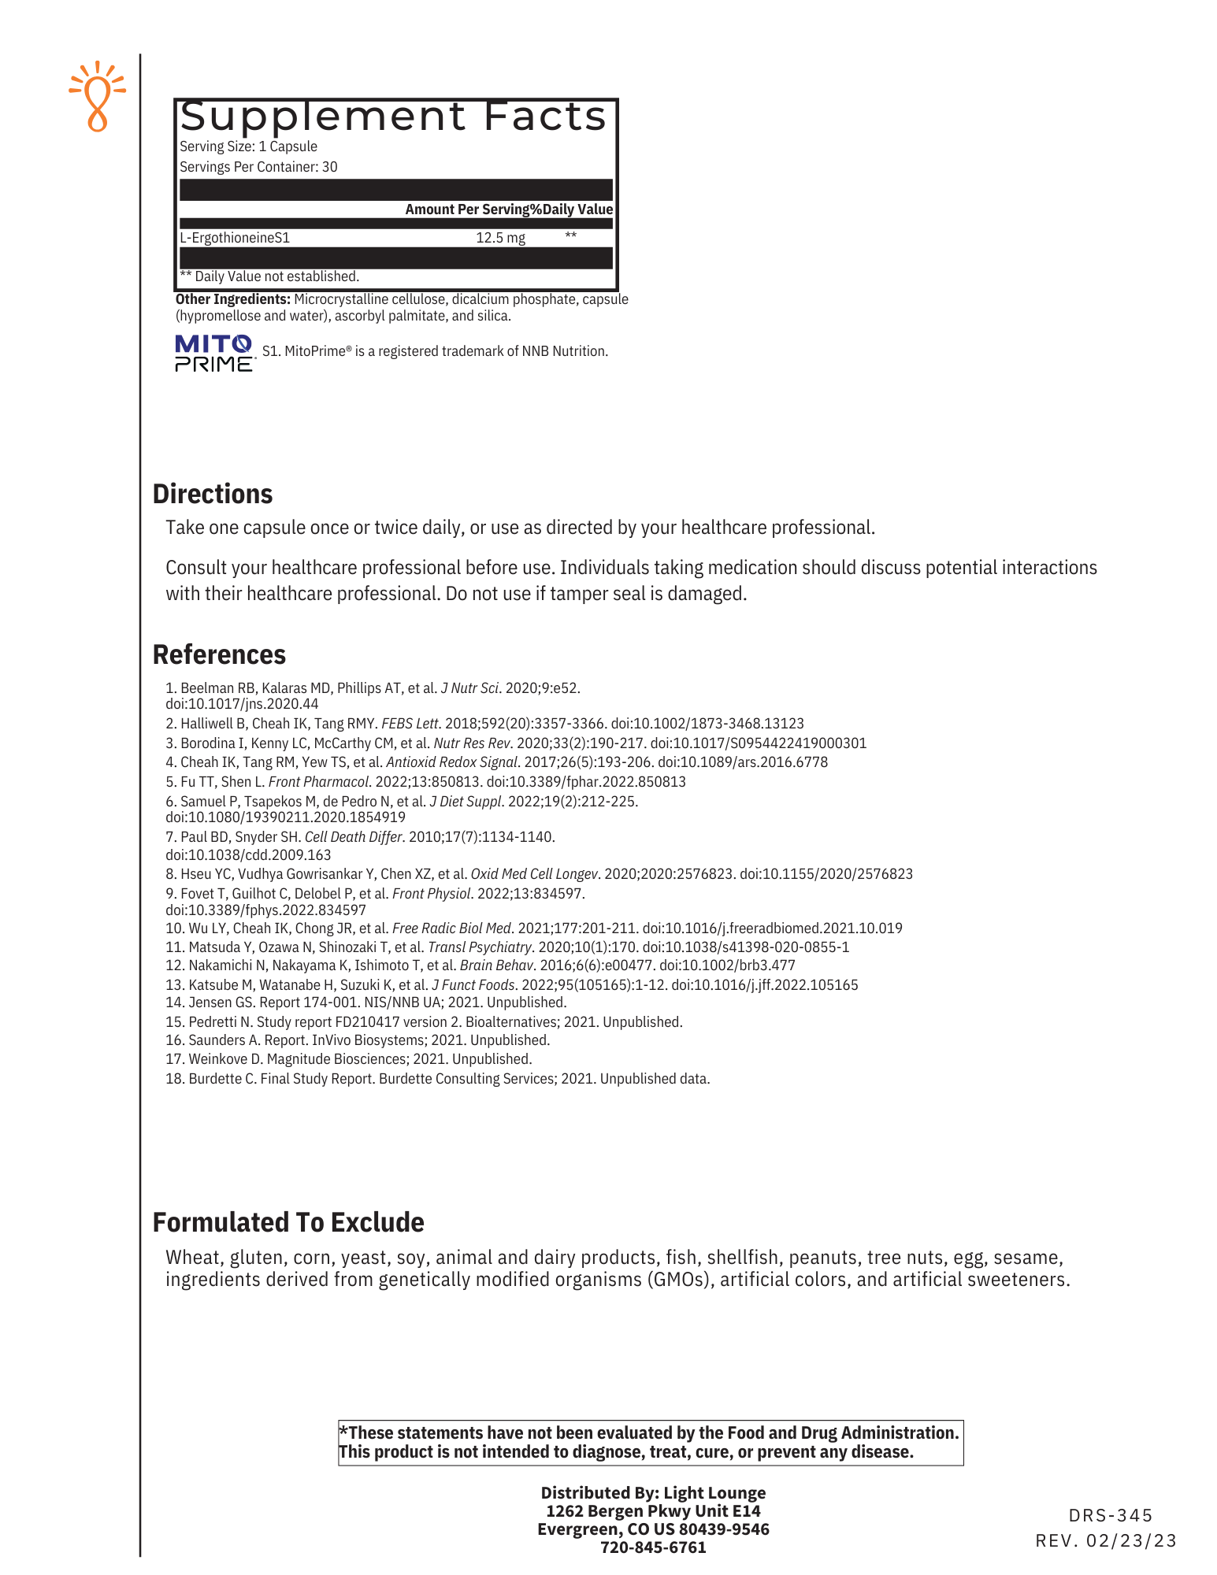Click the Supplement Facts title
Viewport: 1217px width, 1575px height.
click(393, 117)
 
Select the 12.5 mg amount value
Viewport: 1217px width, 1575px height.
click(500, 238)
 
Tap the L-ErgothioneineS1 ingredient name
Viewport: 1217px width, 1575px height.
click(235, 238)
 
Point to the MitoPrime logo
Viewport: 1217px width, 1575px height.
click(213, 353)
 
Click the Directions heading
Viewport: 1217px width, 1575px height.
click(213, 494)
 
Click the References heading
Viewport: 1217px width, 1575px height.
click(219, 654)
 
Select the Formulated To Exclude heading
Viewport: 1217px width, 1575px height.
click(288, 1222)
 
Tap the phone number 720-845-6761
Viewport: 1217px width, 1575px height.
click(653, 1547)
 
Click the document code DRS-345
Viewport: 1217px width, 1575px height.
click(1111, 1515)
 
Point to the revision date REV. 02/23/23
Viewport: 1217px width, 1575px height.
click(1106, 1541)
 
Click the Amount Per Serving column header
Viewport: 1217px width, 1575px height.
click(473, 209)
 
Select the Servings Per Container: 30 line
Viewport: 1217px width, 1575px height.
click(258, 167)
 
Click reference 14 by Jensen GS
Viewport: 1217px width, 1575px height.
click(366, 1002)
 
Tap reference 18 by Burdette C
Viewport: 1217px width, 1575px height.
click(437, 1079)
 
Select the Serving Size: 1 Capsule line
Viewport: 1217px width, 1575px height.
click(248, 146)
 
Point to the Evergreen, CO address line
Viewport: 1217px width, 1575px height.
click(653, 1529)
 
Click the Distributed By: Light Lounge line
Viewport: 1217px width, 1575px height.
click(653, 1493)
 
